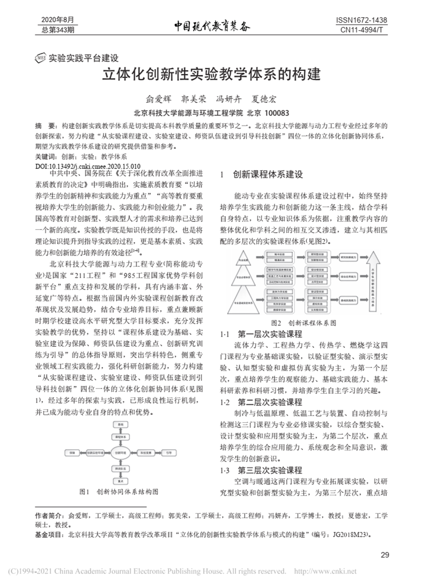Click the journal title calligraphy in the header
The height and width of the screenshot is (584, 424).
[212, 26]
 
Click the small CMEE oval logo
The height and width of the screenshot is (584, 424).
[41, 58]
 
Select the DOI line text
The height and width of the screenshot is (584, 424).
[87, 166]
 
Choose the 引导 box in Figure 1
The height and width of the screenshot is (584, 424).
[168, 451]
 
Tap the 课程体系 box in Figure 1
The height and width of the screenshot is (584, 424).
[120, 437]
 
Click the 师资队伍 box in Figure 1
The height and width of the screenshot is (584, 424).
[120, 469]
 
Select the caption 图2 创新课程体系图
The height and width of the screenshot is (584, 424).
[304, 323]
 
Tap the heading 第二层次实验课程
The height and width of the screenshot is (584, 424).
[270, 402]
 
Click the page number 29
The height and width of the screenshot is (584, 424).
[384, 555]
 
